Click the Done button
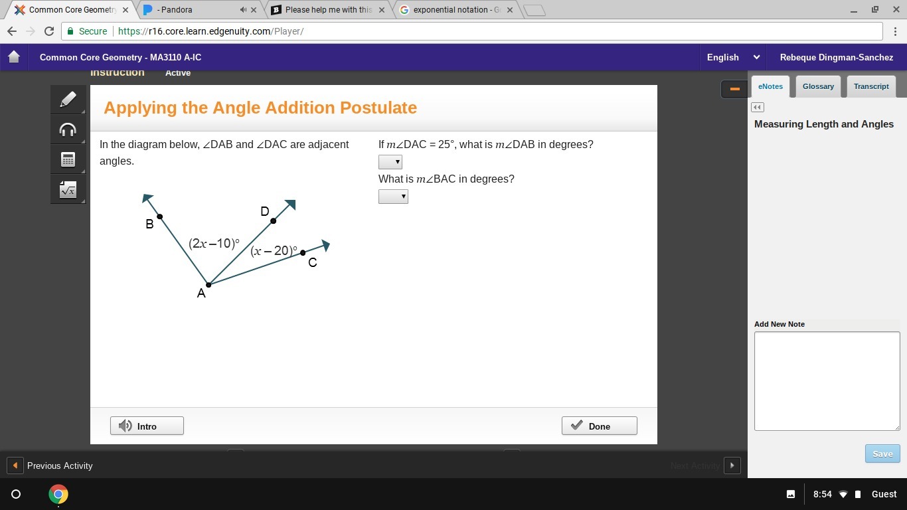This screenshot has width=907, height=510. coord(600,426)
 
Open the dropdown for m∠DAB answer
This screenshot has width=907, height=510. coord(390,162)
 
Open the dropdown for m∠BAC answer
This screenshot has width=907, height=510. coord(393,197)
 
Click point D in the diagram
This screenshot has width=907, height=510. coord(274,220)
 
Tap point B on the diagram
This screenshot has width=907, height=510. coord(160,216)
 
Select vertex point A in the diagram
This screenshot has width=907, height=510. coord(208,285)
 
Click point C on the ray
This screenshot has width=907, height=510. coord(303,253)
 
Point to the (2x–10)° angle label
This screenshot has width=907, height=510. coord(214,243)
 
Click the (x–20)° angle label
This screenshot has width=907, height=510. coord(274,251)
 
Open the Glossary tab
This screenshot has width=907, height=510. coord(818,86)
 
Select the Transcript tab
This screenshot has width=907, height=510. coord(871,86)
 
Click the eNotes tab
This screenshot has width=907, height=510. coord(770,86)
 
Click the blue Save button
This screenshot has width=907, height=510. coord(882,454)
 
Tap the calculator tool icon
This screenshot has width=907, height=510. coord(68,159)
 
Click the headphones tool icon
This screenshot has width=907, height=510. coord(68,129)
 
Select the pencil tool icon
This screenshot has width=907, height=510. coord(68,100)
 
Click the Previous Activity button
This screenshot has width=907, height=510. coord(51,466)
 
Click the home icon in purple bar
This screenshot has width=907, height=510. coord(14,56)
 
